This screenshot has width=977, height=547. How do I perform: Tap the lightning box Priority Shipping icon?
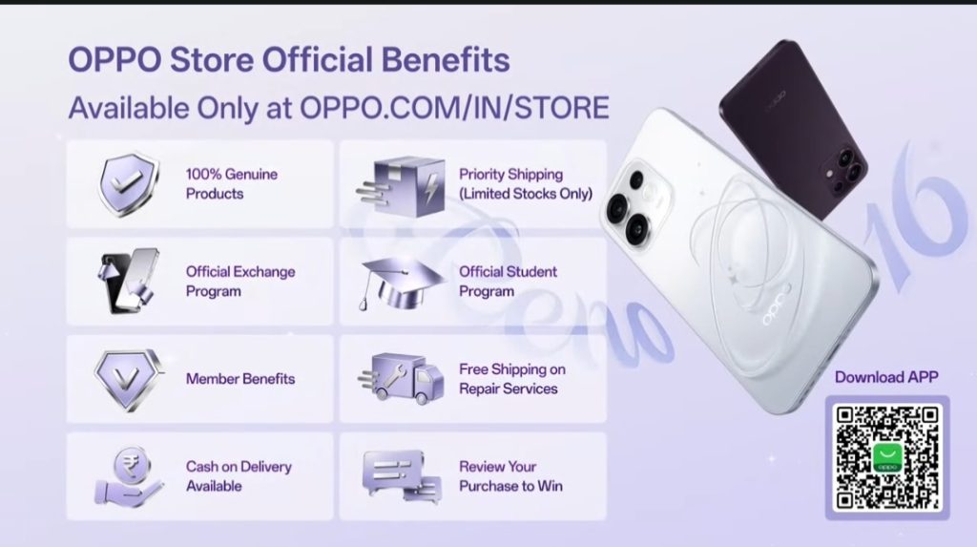point(402,185)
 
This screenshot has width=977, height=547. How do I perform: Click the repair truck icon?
point(401,379)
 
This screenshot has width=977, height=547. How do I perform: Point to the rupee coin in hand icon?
point(130,476)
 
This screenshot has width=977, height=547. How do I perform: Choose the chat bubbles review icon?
point(402,476)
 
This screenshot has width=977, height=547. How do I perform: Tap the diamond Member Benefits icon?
point(129,379)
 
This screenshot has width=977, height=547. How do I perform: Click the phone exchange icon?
point(128,282)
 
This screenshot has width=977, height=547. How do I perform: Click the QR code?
point(887,458)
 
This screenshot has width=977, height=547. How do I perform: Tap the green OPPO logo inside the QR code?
point(888,458)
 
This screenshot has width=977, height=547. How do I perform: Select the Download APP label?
point(886,377)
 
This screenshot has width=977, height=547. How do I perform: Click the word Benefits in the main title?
point(446,60)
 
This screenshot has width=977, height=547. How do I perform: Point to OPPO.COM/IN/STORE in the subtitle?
point(454,108)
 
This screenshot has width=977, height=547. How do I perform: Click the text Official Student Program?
point(508,282)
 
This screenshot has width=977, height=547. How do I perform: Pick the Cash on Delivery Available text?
point(239,476)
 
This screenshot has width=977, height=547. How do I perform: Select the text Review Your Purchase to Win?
point(510,476)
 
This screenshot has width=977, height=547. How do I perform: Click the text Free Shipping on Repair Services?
point(512,379)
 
